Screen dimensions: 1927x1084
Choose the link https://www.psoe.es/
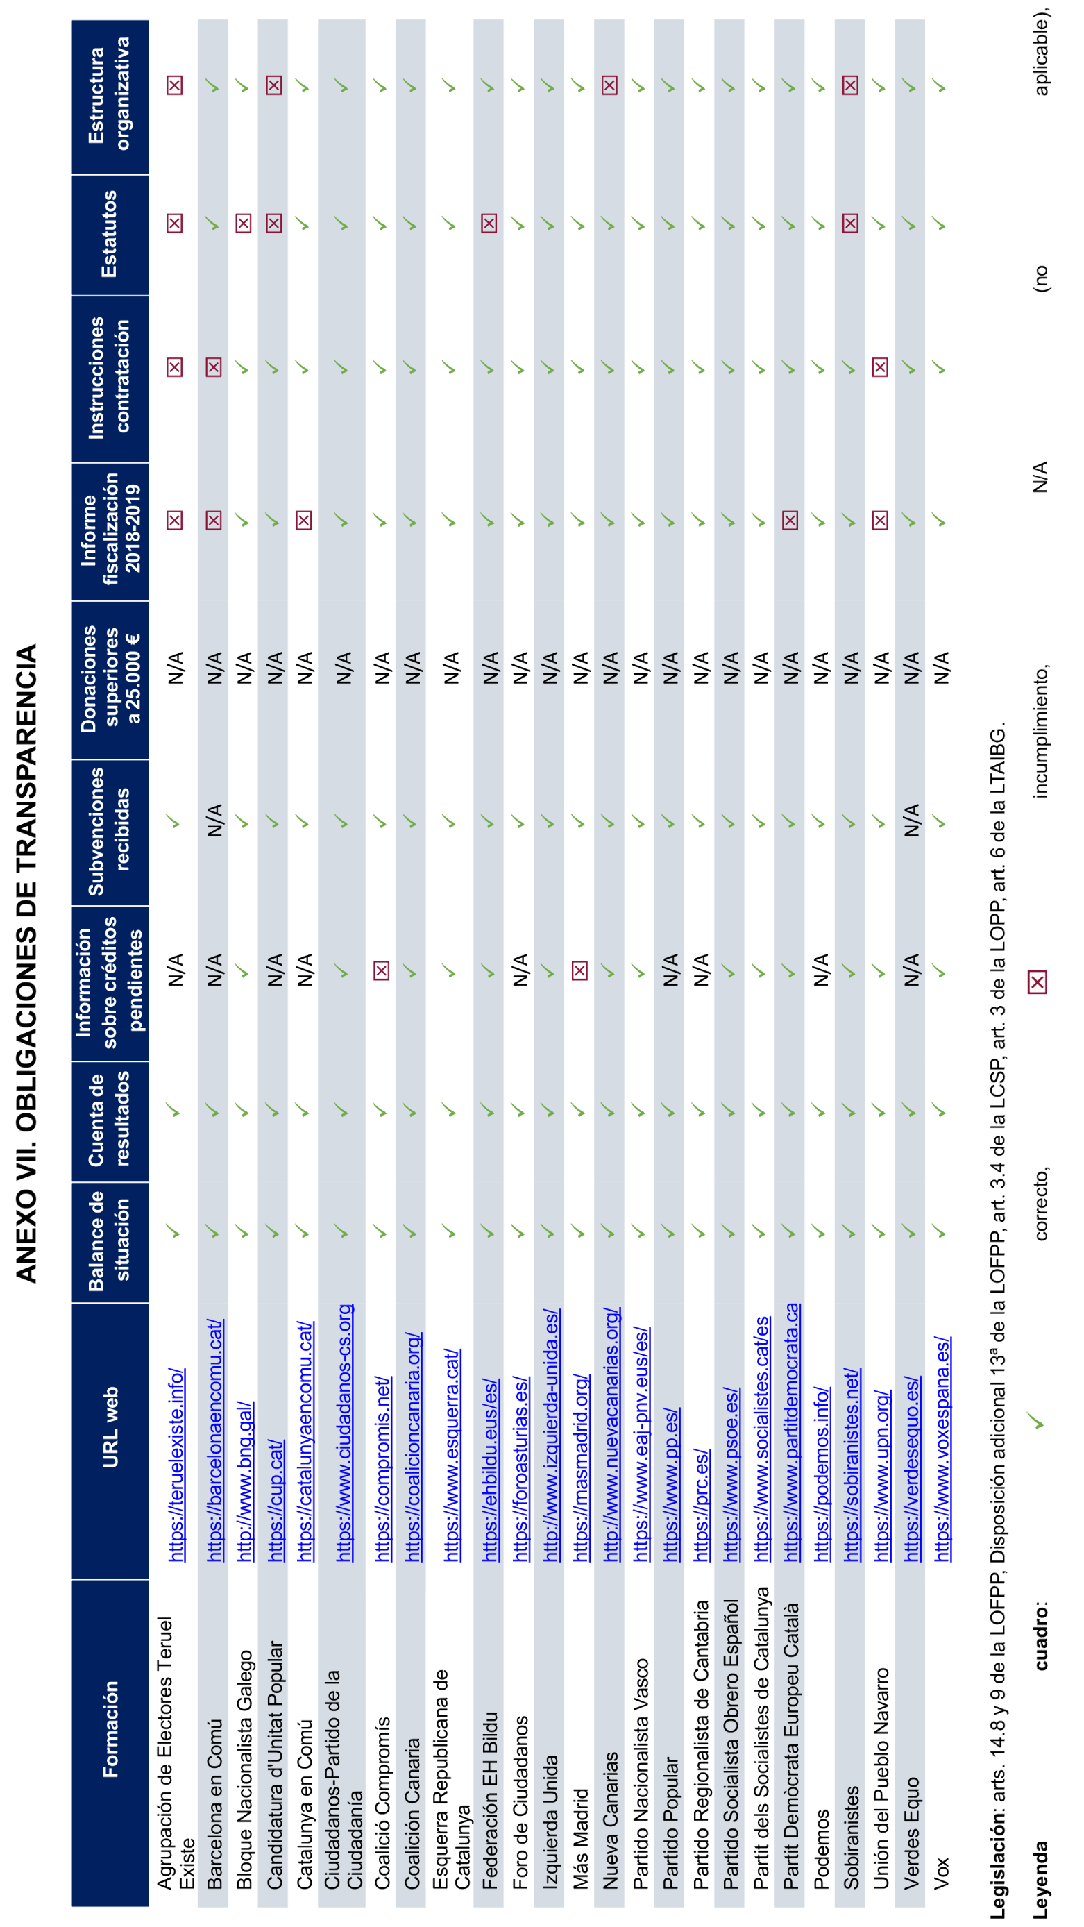(x=731, y=1474)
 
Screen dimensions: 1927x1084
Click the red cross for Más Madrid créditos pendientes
(x=579, y=971)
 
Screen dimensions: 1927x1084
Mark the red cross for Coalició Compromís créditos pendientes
(x=382, y=971)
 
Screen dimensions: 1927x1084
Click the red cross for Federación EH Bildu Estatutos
(x=489, y=223)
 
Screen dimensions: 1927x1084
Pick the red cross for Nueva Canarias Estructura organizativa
(x=610, y=85)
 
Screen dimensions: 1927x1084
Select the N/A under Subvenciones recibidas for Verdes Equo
(x=911, y=821)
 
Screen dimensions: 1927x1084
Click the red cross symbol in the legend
(x=1037, y=982)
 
